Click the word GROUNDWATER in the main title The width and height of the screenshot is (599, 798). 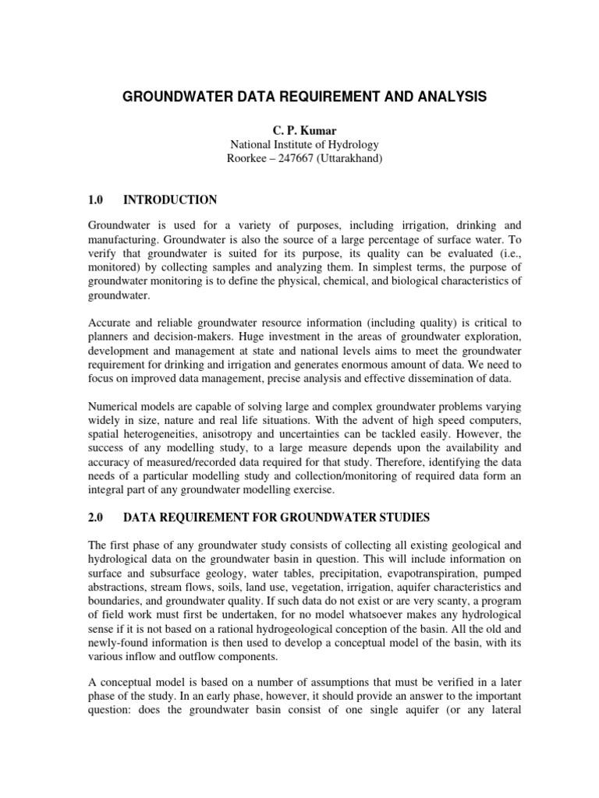[165, 97]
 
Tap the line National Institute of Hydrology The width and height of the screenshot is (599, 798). [303, 143]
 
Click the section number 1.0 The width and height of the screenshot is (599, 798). [96, 199]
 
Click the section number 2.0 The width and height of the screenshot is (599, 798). [96, 517]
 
